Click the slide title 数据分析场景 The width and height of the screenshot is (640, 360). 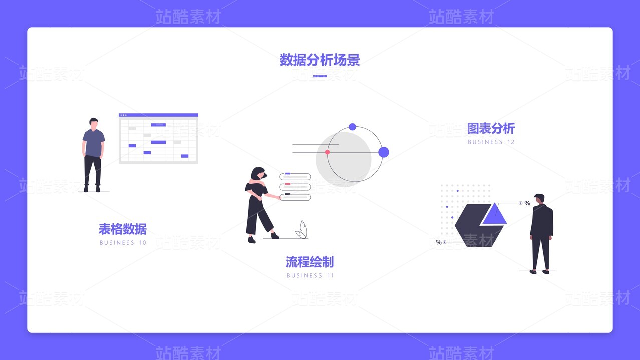pos(319,61)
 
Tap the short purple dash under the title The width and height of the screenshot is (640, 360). pos(319,76)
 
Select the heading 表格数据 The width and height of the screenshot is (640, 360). pos(123,229)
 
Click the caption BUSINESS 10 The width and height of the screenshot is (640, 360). pos(123,243)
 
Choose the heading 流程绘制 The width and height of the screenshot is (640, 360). pos(309,262)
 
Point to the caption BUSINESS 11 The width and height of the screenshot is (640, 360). pos(310,275)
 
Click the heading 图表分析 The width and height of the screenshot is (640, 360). pos(491,129)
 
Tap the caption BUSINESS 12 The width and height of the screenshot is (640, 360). pos(491,142)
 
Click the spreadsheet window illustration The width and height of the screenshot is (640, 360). pos(158,139)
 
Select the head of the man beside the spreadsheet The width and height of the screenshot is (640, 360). pos(94,123)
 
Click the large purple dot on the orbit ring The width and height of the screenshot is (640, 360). pos(384,152)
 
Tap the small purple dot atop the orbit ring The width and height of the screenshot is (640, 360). pos(352,127)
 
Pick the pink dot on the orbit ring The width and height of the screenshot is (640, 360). pos(327,152)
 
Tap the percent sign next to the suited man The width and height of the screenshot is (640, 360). pos(527,203)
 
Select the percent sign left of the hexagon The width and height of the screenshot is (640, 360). pos(439,242)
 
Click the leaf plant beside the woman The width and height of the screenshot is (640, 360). pos(301,230)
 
